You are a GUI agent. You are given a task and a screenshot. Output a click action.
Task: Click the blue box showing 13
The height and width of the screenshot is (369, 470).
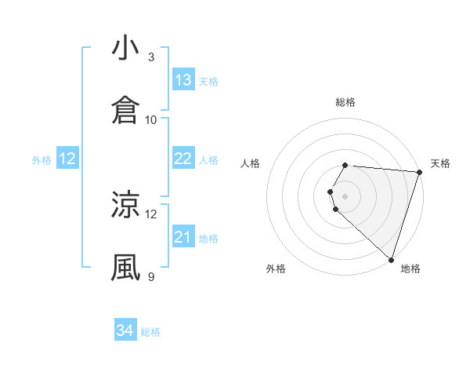click(x=183, y=80)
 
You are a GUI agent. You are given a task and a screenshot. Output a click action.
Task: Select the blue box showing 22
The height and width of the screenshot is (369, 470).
click(x=183, y=159)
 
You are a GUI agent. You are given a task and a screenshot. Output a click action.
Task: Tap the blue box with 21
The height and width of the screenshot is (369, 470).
click(x=183, y=237)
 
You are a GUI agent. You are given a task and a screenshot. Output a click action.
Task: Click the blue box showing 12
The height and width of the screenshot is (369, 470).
click(x=67, y=159)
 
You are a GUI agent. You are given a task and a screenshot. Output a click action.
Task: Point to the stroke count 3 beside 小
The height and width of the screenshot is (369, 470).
click(x=151, y=57)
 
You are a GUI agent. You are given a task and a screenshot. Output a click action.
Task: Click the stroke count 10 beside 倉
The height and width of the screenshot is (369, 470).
click(x=151, y=119)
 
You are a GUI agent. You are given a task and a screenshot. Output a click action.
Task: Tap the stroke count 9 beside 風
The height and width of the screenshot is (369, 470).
click(x=151, y=276)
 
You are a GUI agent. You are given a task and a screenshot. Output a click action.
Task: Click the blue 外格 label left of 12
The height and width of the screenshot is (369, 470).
click(x=42, y=160)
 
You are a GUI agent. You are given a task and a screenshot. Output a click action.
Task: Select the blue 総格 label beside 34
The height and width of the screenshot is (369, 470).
click(x=150, y=332)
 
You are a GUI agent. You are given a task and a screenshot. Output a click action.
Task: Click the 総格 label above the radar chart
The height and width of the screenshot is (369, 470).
click(x=345, y=102)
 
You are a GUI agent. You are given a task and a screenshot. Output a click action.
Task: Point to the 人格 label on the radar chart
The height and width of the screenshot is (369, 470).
click(x=251, y=163)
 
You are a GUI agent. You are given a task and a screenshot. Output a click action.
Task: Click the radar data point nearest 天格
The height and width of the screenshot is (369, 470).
click(x=419, y=172)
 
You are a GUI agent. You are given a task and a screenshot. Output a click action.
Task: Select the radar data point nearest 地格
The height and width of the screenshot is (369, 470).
click(x=391, y=259)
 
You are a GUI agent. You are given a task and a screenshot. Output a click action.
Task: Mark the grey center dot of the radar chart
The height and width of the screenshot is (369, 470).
click(x=345, y=195)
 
